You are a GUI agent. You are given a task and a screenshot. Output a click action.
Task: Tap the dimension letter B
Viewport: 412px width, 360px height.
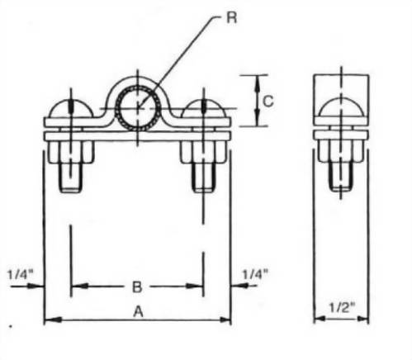pos(137,287)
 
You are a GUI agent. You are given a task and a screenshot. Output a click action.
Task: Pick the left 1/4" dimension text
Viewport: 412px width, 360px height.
pos(20,272)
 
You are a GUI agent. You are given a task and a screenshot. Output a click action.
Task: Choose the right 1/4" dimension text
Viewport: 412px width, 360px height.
pos(255,272)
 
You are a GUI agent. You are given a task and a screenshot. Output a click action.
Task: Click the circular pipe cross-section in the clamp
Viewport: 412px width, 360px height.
pos(137,107)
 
